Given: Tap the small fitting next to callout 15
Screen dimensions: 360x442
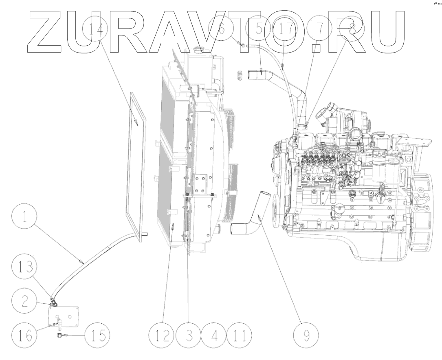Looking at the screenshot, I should tap(59, 335).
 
